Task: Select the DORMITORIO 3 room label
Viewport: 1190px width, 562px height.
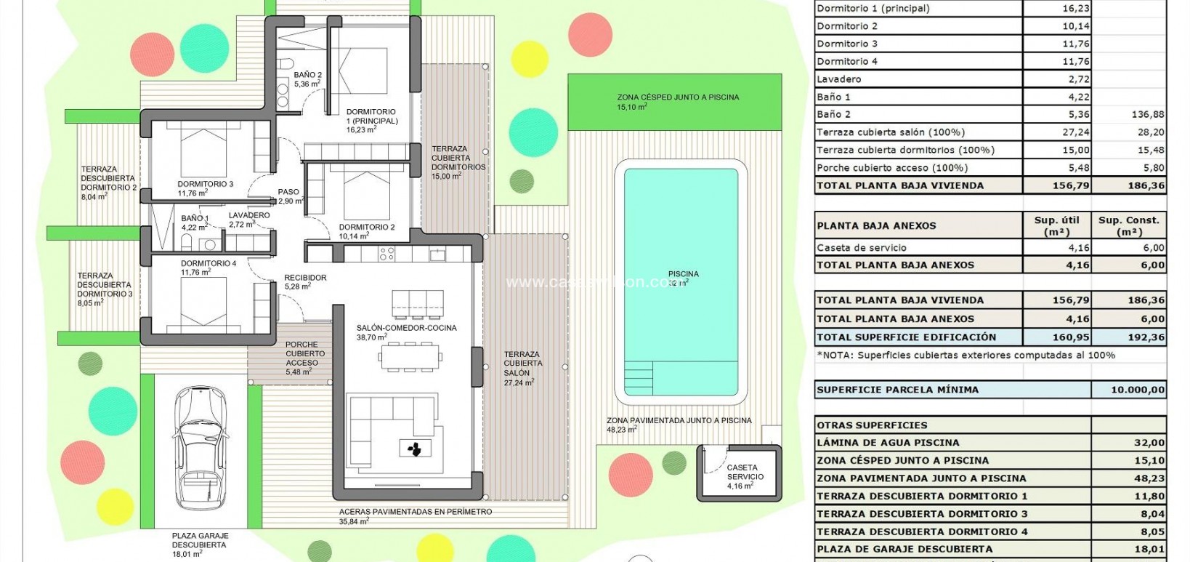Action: pyautogui.click(x=206, y=185)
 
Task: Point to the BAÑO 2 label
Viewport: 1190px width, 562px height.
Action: pyautogui.click(x=307, y=75)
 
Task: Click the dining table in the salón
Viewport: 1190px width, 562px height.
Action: pyautogui.click(x=410, y=356)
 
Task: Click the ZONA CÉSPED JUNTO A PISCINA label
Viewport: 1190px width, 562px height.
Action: pyautogui.click(x=678, y=97)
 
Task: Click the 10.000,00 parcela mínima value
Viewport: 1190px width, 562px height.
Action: pyautogui.click(x=1138, y=390)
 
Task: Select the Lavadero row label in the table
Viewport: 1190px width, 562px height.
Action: pyautogui.click(x=839, y=79)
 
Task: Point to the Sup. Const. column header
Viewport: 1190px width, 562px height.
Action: pyautogui.click(x=1129, y=225)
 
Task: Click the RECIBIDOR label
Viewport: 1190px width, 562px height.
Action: pyautogui.click(x=305, y=278)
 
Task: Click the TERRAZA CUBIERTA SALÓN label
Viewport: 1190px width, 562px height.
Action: pyautogui.click(x=522, y=364)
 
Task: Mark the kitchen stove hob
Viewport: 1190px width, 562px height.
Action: pyautogui.click(x=387, y=254)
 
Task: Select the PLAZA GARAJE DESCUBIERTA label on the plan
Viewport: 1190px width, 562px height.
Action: pyautogui.click(x=198, y=540)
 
